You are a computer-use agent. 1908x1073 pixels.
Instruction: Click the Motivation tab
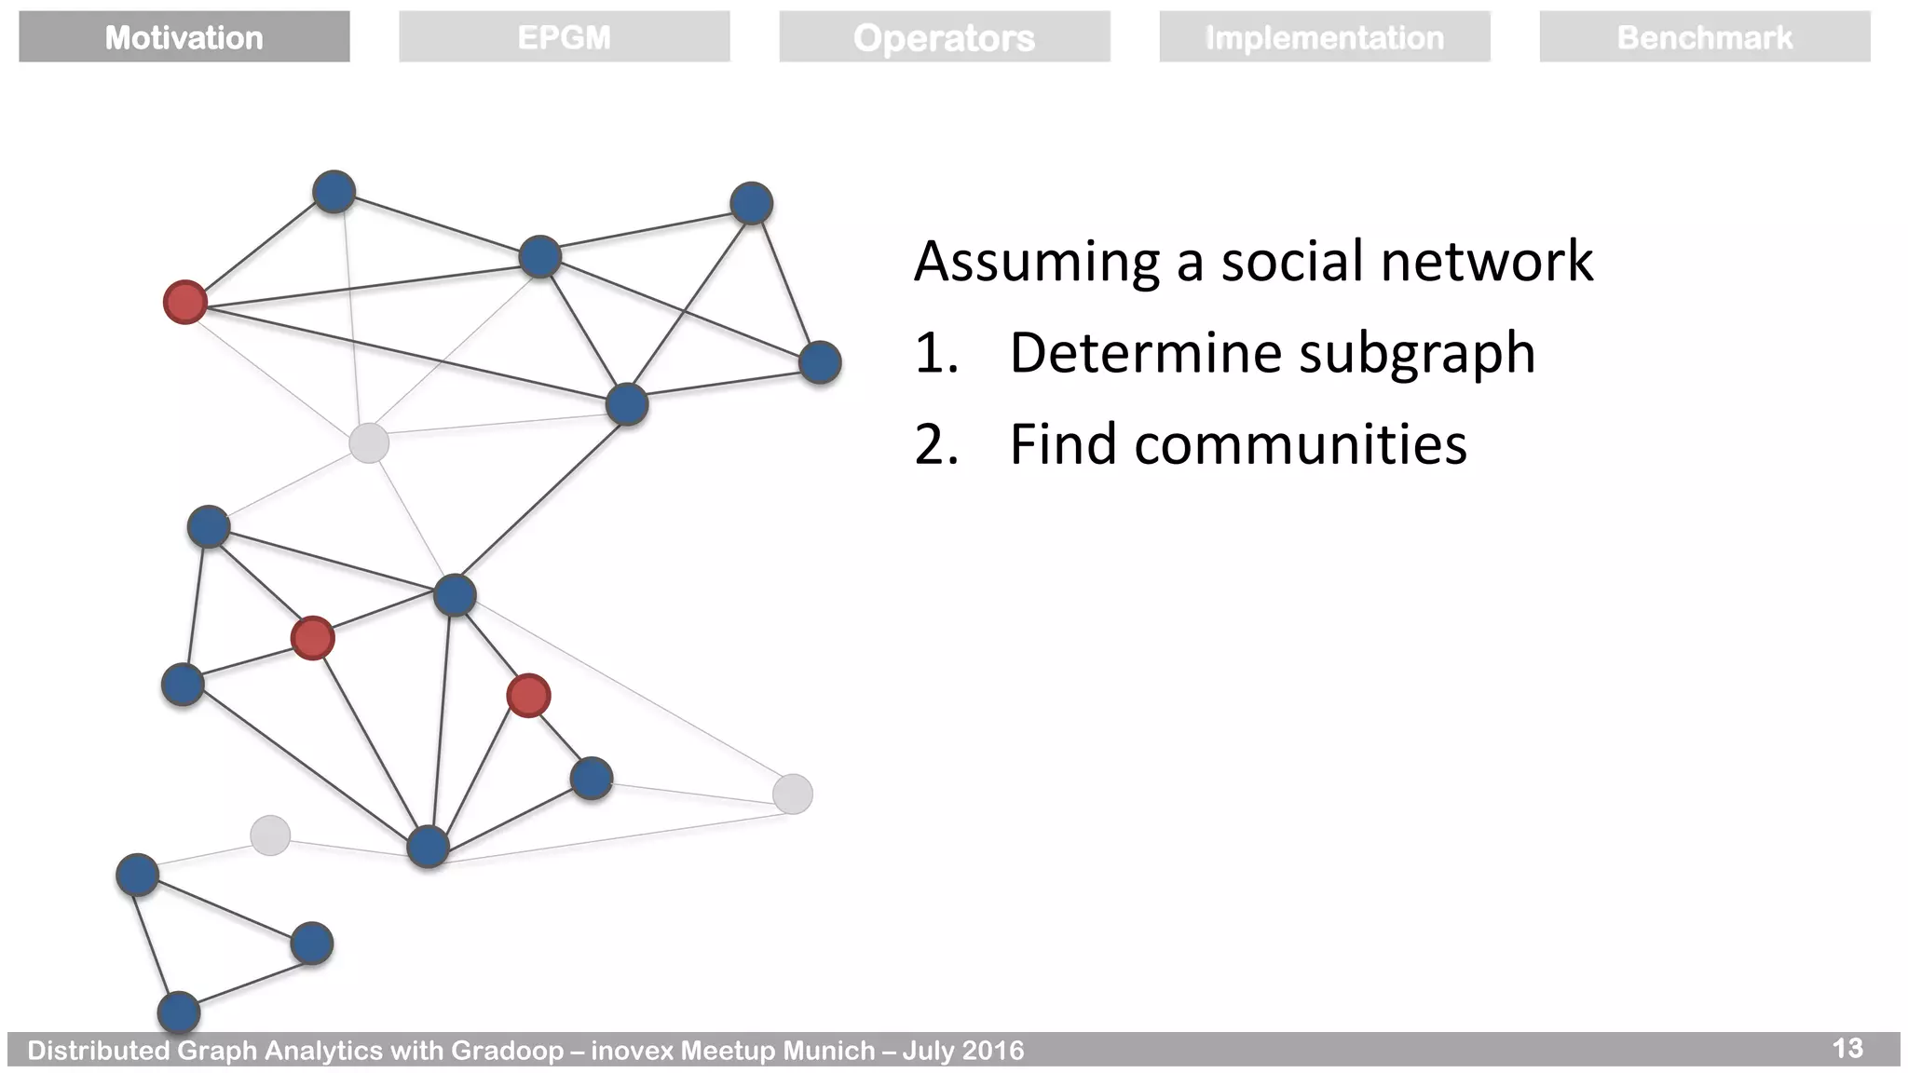point(184,37)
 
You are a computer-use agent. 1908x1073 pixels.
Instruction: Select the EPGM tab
point(564,37)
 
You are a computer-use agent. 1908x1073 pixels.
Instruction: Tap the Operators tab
point(944,37)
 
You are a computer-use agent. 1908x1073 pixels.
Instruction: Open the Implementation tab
point(1324,37)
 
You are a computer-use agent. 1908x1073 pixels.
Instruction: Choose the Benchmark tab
point(1704,37)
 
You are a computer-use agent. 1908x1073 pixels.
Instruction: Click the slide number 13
point(1847,1048)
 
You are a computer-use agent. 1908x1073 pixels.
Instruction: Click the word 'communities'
point(1301,444)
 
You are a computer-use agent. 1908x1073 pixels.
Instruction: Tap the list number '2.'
point(936,444)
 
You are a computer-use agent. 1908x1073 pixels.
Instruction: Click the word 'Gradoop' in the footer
point(507,1051)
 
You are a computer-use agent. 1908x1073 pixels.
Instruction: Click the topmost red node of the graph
point(184,302)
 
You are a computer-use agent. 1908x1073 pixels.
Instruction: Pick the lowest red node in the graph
point(528,696)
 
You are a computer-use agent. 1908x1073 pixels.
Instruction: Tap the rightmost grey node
point(793,794)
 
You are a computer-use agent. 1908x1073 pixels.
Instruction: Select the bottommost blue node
point(179,1012)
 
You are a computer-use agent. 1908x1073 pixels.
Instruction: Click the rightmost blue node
point(820,362)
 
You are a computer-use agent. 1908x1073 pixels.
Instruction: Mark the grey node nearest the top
point(369,443)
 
